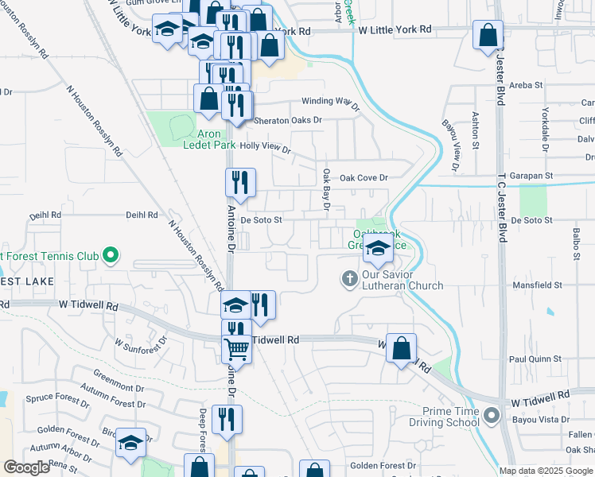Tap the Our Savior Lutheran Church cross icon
click(x=348, y=279)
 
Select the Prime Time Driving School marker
click(x=492, y=416)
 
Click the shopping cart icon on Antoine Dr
click(x=236, y=347)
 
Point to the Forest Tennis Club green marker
click(x=111, y=256)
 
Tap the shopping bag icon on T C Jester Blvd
click(x=488, y=37)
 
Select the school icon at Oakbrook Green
click(x=378, y=250)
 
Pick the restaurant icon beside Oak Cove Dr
click(x=239, y=184)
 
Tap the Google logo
click(x=27, y=467)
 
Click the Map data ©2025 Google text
click(x=546, y=471)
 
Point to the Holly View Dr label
click(x=265, y=147)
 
